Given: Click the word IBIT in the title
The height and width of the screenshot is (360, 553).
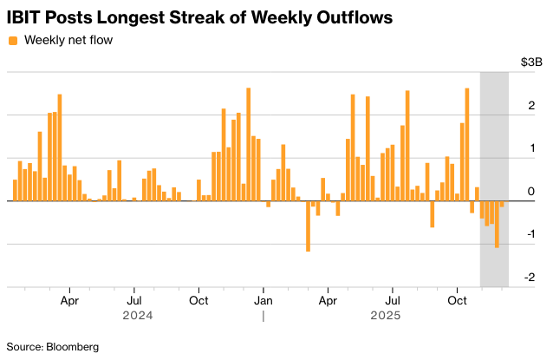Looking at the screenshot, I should (25, 16).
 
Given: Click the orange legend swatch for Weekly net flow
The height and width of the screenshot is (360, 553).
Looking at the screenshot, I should (12, 40).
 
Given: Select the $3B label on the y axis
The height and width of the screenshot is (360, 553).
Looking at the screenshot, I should (531, 62).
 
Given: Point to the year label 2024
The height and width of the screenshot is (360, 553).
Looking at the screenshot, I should (138, 316).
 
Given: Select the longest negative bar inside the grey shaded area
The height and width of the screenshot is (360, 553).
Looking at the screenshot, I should (497, 224).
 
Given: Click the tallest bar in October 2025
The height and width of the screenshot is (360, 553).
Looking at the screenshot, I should (467, 144).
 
